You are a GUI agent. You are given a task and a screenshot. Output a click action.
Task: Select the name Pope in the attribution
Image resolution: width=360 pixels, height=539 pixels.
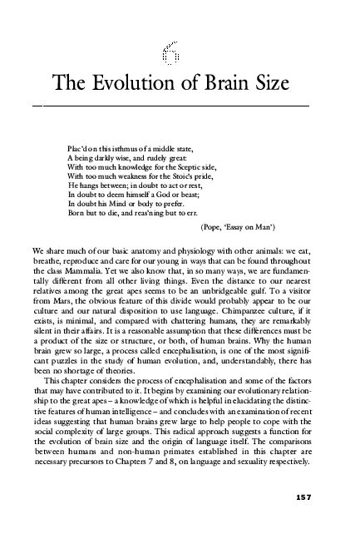[x=217, y=226]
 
